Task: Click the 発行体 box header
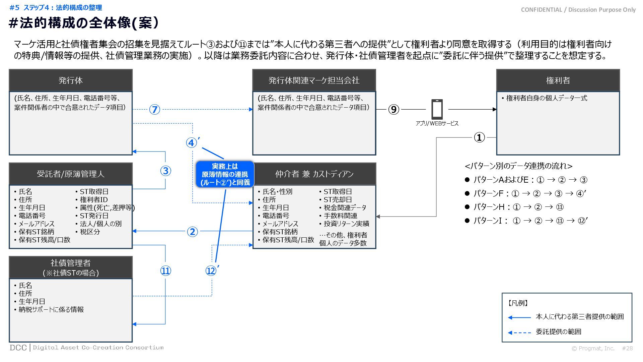[71, 80]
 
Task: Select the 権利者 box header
[558, 80]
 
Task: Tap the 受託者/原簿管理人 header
[71, 174]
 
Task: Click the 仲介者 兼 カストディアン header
[314, 174]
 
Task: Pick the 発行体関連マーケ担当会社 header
[314, 80]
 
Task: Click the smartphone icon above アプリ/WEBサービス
[437, 109]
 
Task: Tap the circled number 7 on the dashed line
[154, 110]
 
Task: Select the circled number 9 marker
[394, 110]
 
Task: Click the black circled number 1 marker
[479, 137]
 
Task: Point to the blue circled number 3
[165, 171]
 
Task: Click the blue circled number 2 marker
[192, 232]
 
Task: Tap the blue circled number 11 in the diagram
[165, 271]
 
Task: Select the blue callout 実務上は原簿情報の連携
[225, 174]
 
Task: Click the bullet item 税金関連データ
[345, 208]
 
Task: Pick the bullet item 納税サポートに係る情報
[51, 310]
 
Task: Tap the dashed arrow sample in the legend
[519, 333]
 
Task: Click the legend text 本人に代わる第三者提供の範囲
[579, 317]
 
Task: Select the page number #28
[627, 349]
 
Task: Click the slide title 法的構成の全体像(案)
[84, 23]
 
